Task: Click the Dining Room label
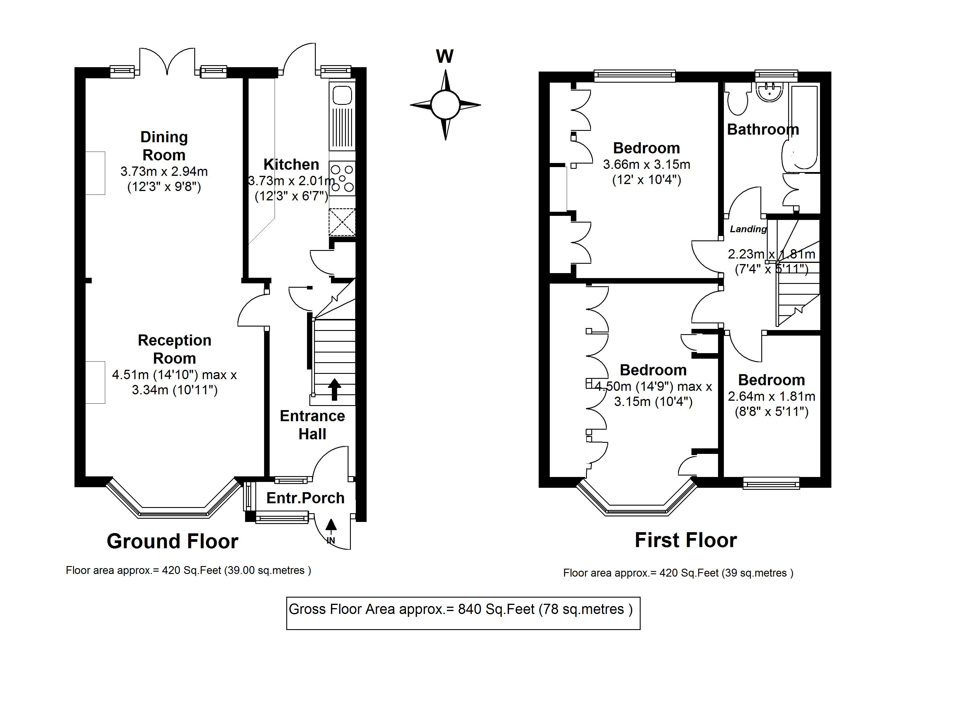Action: [164, 146]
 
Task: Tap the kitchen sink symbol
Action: [342, 95]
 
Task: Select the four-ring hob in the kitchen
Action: [342, 178]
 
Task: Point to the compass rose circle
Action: [445, 105]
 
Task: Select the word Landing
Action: [748, 229]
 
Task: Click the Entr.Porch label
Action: [305, 498]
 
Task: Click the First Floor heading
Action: [685, 540]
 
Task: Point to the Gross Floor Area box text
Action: [460, 609]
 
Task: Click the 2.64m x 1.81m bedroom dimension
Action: [771, 397]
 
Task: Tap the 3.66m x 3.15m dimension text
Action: [646, 164]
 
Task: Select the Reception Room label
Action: [174, 349]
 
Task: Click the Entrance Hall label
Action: [312, 425]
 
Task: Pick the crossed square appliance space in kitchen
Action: [342, 222]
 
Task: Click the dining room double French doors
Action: [167, 62]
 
